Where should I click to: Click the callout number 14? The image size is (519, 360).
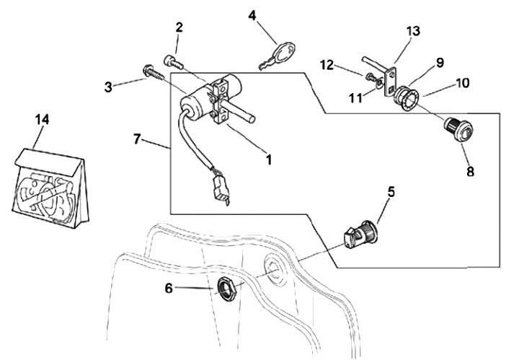coord(43,119)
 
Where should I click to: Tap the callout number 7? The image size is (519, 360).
coord(138,139)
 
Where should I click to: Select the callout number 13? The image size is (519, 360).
coord(414,31)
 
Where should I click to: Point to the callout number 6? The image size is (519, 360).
coord(169,289)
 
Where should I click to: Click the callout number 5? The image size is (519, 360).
coord(391,193)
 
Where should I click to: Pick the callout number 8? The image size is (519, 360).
coord(470,172)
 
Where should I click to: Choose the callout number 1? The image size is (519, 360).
coord(270,159)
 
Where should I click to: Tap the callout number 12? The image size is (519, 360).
coord(327,65)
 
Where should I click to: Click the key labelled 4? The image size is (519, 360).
coord(277,56)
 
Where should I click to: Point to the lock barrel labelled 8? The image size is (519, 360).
coord(459,130)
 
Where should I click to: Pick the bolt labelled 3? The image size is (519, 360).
coord(154,73)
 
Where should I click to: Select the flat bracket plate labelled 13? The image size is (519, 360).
coord(391,82)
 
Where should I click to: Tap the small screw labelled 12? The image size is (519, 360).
coord(371,79)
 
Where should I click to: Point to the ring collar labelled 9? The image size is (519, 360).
coord(406,97)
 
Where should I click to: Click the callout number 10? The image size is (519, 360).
coord(462,83)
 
